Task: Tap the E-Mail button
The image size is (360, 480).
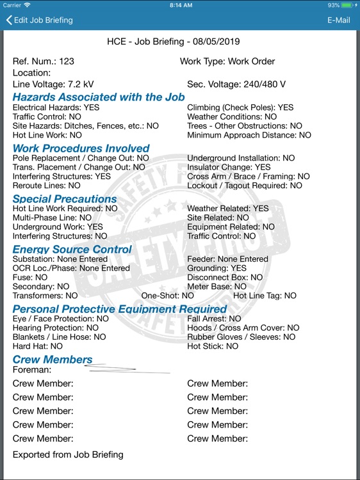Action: pyautogui.click(x=338, y=20)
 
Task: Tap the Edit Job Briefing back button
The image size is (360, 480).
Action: pyautogui.click(x=40, y=20)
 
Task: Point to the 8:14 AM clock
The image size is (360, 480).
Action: pyautogui.click(x=180, y=5)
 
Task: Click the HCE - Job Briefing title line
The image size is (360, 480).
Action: pyautogui.click(x=173, y=42)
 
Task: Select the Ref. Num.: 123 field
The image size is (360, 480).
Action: pyautogui.click(x=44, y=61)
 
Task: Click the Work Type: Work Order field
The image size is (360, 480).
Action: pyautogui.click(x=227, y=61)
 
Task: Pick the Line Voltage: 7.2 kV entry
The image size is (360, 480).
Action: pyautogui.click(x=53, y=84)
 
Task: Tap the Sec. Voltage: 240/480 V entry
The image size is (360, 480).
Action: pyautogui.click(x=236, y=84)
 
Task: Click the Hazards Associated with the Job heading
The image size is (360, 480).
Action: pyautogui.click(x=99, y=97)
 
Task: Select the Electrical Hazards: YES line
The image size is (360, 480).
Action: pyautogui.click(x=56, y=108)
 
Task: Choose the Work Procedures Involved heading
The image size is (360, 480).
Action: pyautogui.click(x=81, y=148)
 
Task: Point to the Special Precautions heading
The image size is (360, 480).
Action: pyautogui.click(x=65, y=198)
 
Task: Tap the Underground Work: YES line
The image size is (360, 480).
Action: pyautogui.click(x=58, y=227)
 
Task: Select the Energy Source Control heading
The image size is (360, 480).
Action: pyautogui.click(x=72, y=249)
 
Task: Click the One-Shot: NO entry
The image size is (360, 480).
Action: pyautogui.click(x=167, y=296)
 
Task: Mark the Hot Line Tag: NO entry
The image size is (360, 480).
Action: pyautogui.click(x=265, y=296)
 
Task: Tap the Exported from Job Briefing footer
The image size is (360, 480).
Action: pyautogui.click(x=68, y=455)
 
